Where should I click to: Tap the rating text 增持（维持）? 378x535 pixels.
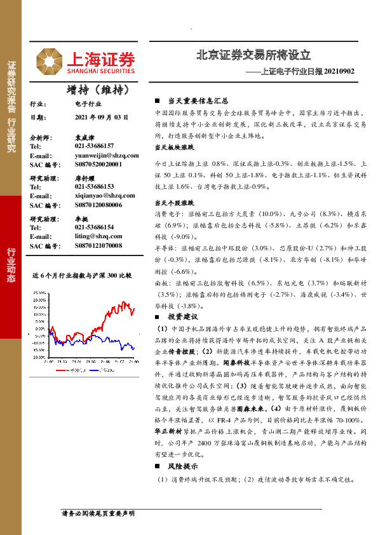pyautogui.click(x=93, y=89)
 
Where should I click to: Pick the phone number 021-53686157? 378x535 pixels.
pyautogui.click(x=94, y=146)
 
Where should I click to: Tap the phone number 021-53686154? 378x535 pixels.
pyautogui.click(x=94, y=227)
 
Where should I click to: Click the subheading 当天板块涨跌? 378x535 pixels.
pyautogui.click(x=174, y=147)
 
